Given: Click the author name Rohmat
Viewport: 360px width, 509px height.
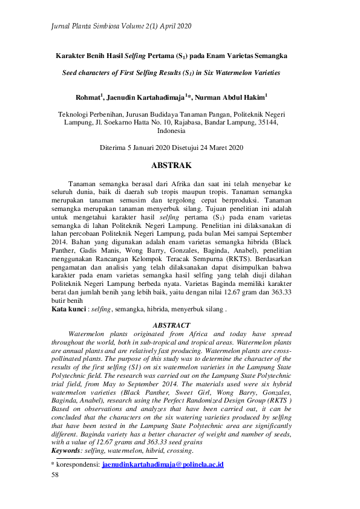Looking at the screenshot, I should [88, 96].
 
